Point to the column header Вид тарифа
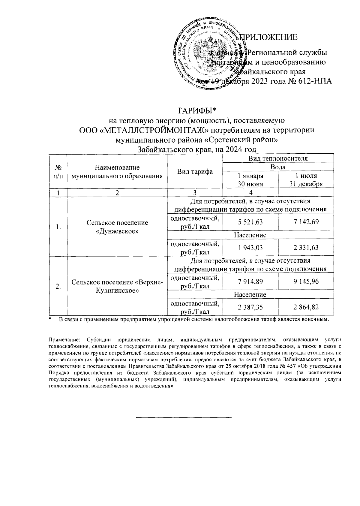[x=195, y=171]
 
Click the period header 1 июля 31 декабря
[x=306, y=180]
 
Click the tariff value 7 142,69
[x=306, y=222]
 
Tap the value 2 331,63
[x=306, y=248]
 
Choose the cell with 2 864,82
[x=306, y=307]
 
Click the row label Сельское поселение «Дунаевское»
[x=117, y=227]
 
